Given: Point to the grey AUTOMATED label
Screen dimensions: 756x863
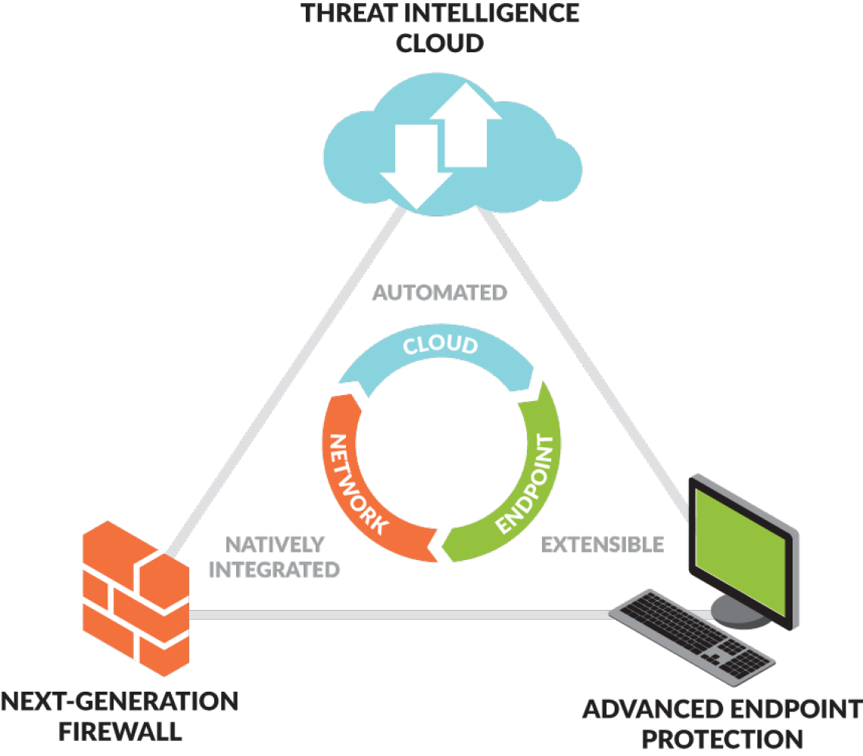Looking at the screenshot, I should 440,293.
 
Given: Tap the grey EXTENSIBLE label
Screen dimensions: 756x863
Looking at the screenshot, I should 603,544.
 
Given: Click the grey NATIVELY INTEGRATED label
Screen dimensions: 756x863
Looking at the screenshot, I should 274,557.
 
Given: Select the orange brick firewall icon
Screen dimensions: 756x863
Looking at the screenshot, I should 136,598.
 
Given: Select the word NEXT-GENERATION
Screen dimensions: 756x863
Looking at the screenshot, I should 120,702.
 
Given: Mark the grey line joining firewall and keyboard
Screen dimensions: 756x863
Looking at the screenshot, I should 401,615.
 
